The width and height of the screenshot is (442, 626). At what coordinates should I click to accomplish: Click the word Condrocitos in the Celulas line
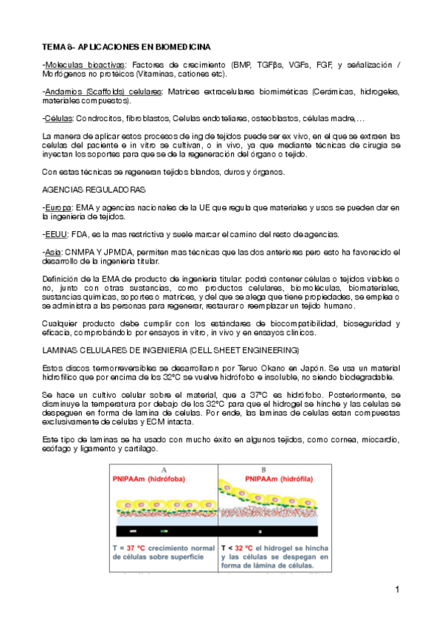(x=96, y=118)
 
